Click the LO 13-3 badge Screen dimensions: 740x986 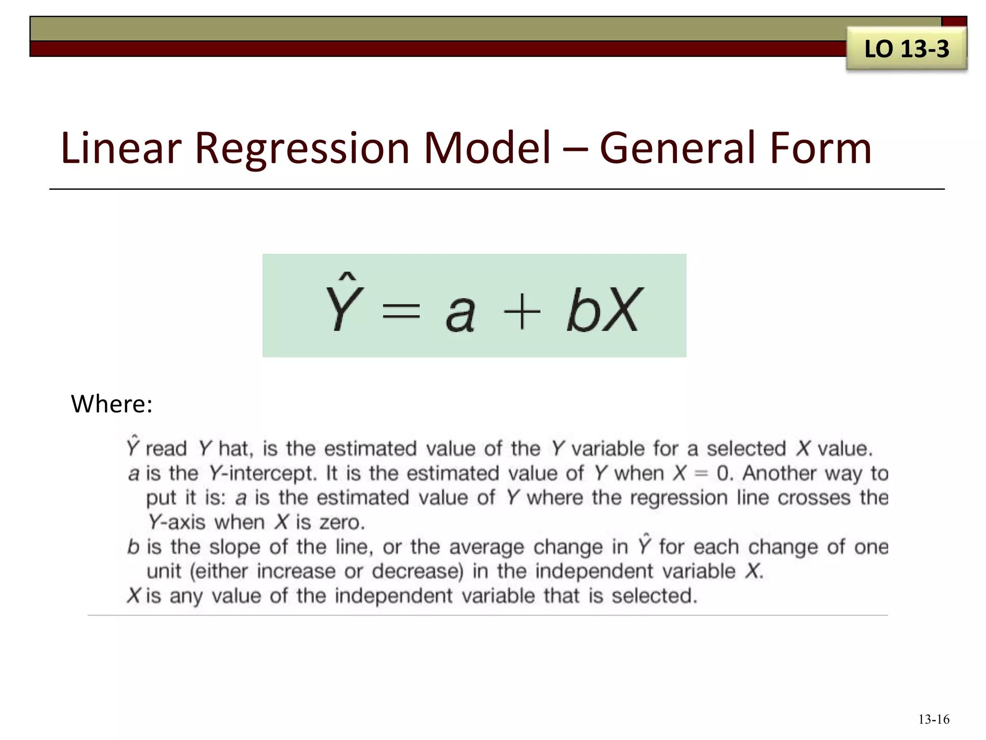(x=907, y=49)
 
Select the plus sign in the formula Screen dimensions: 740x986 (x=522, y=312)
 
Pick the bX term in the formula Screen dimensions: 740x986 (x=604, y=309)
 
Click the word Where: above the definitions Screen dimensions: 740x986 (x=112, y=404)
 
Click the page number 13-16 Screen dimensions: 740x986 (x=934, y=719)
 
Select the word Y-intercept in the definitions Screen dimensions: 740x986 (x=262, y=474)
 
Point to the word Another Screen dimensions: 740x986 (x=779, y=473)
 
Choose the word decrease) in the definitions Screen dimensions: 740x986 (x=417, y=571)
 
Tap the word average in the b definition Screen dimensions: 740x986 (x=486, y=547)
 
